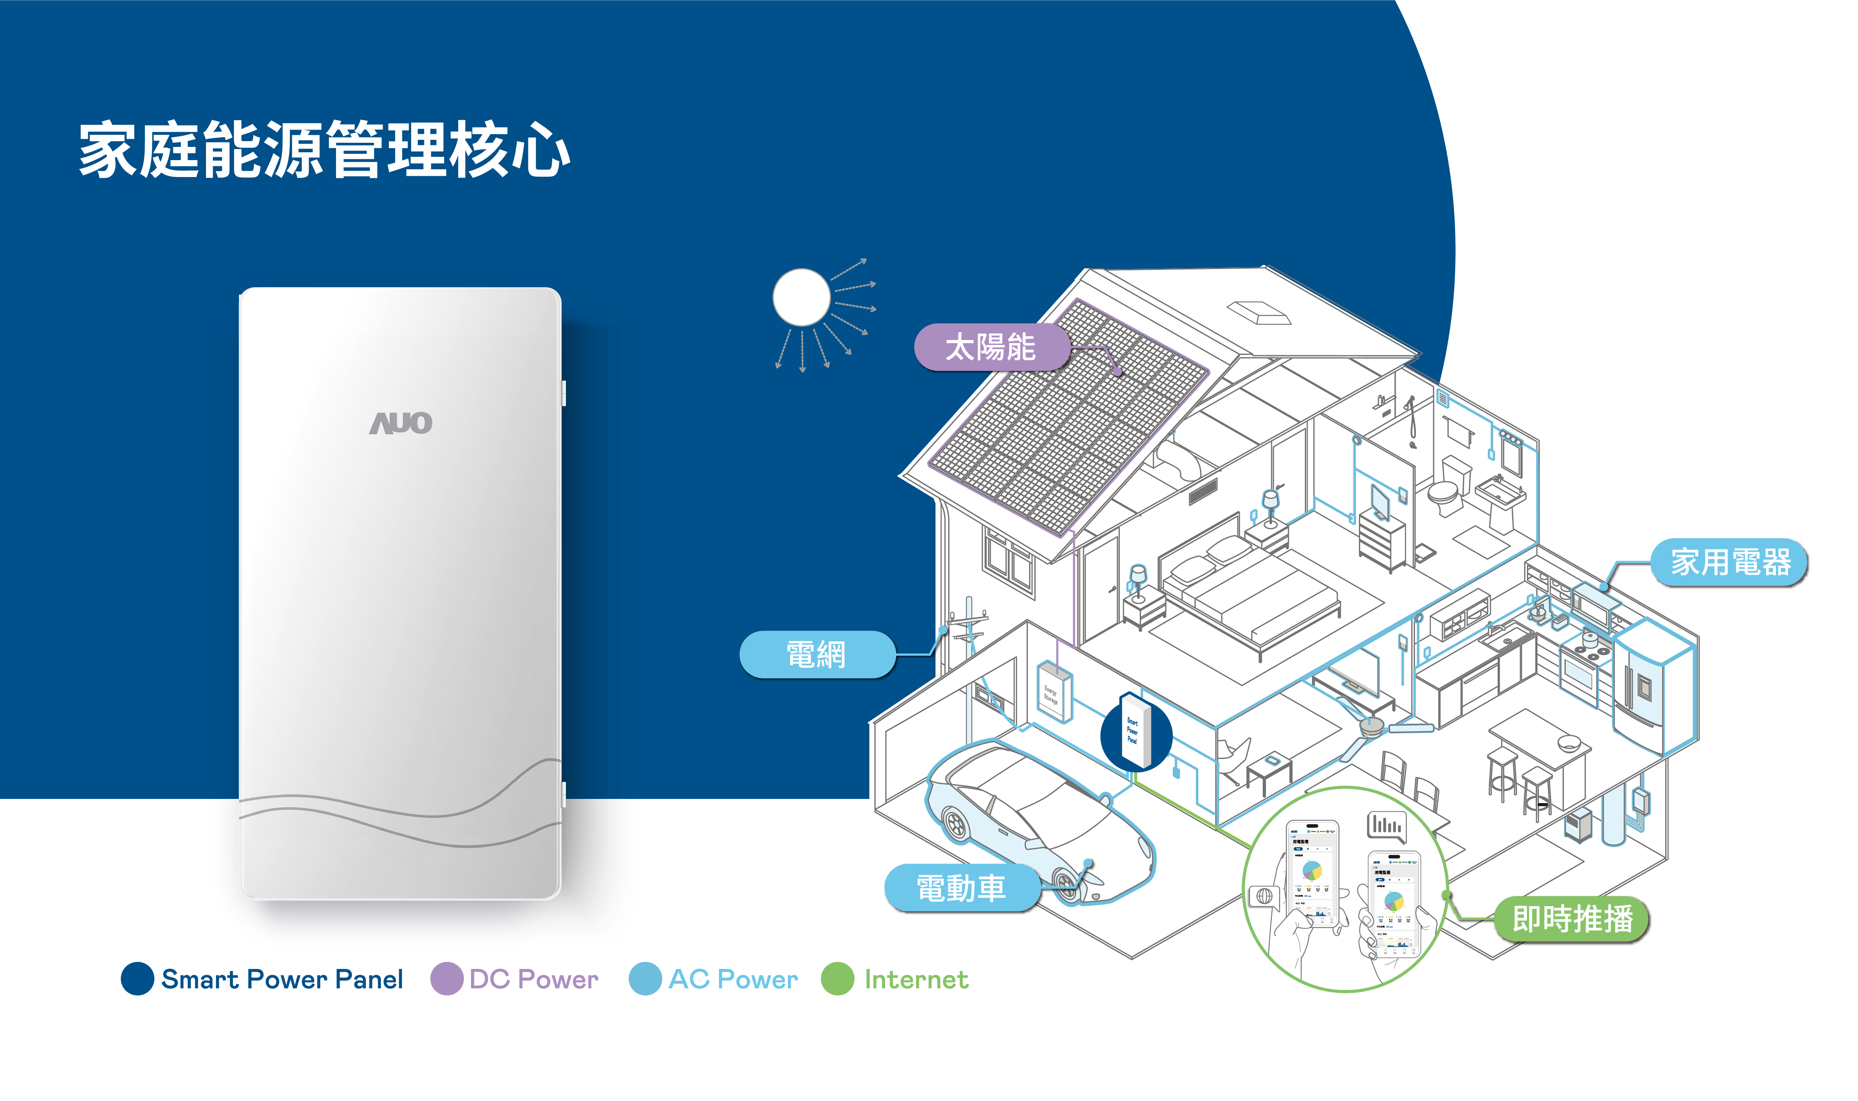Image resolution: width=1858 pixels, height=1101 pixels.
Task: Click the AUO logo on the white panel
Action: pos(401,423)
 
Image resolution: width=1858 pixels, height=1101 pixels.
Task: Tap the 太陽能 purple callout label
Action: pos(991,347)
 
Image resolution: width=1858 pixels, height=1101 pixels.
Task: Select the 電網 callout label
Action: pos(816,654)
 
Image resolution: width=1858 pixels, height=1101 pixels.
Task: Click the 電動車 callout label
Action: pos(961,888)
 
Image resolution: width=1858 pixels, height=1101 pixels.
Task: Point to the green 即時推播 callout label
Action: pos(1572,919)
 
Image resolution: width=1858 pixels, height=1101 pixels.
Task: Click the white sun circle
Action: pos(801,297)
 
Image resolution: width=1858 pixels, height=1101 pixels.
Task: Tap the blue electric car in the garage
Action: pos(1032,816)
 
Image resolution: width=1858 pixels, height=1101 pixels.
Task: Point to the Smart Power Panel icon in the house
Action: pos(1135,731)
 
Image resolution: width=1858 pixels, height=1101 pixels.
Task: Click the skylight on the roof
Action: pos(1259,312)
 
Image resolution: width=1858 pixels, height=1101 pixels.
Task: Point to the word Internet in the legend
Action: pos(916,979)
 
